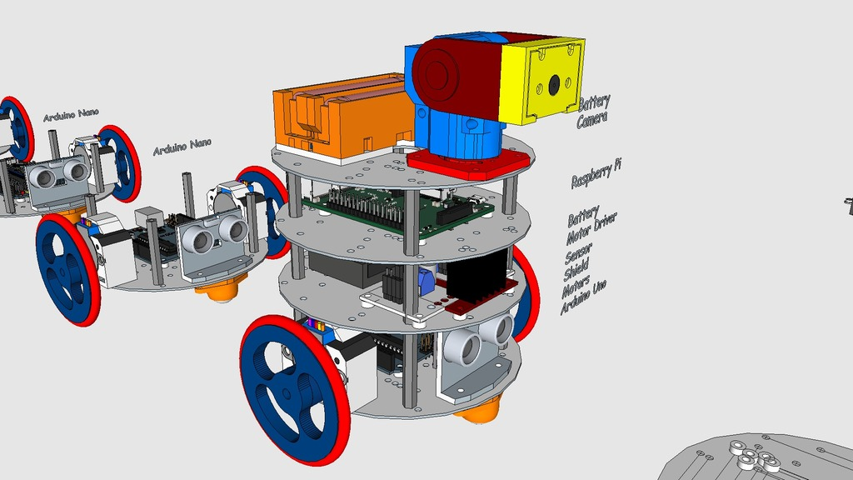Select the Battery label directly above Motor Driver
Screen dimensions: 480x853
[x=583, y=216]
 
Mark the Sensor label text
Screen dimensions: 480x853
[x=579, y=256]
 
